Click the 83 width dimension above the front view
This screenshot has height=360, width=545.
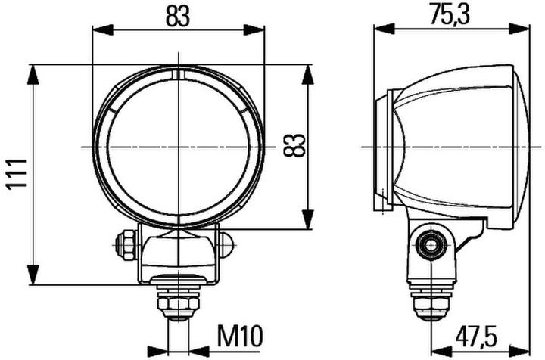177,16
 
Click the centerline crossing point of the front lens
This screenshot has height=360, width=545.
178,145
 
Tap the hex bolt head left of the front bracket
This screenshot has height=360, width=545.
125,244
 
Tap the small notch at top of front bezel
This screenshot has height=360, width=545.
178,74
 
